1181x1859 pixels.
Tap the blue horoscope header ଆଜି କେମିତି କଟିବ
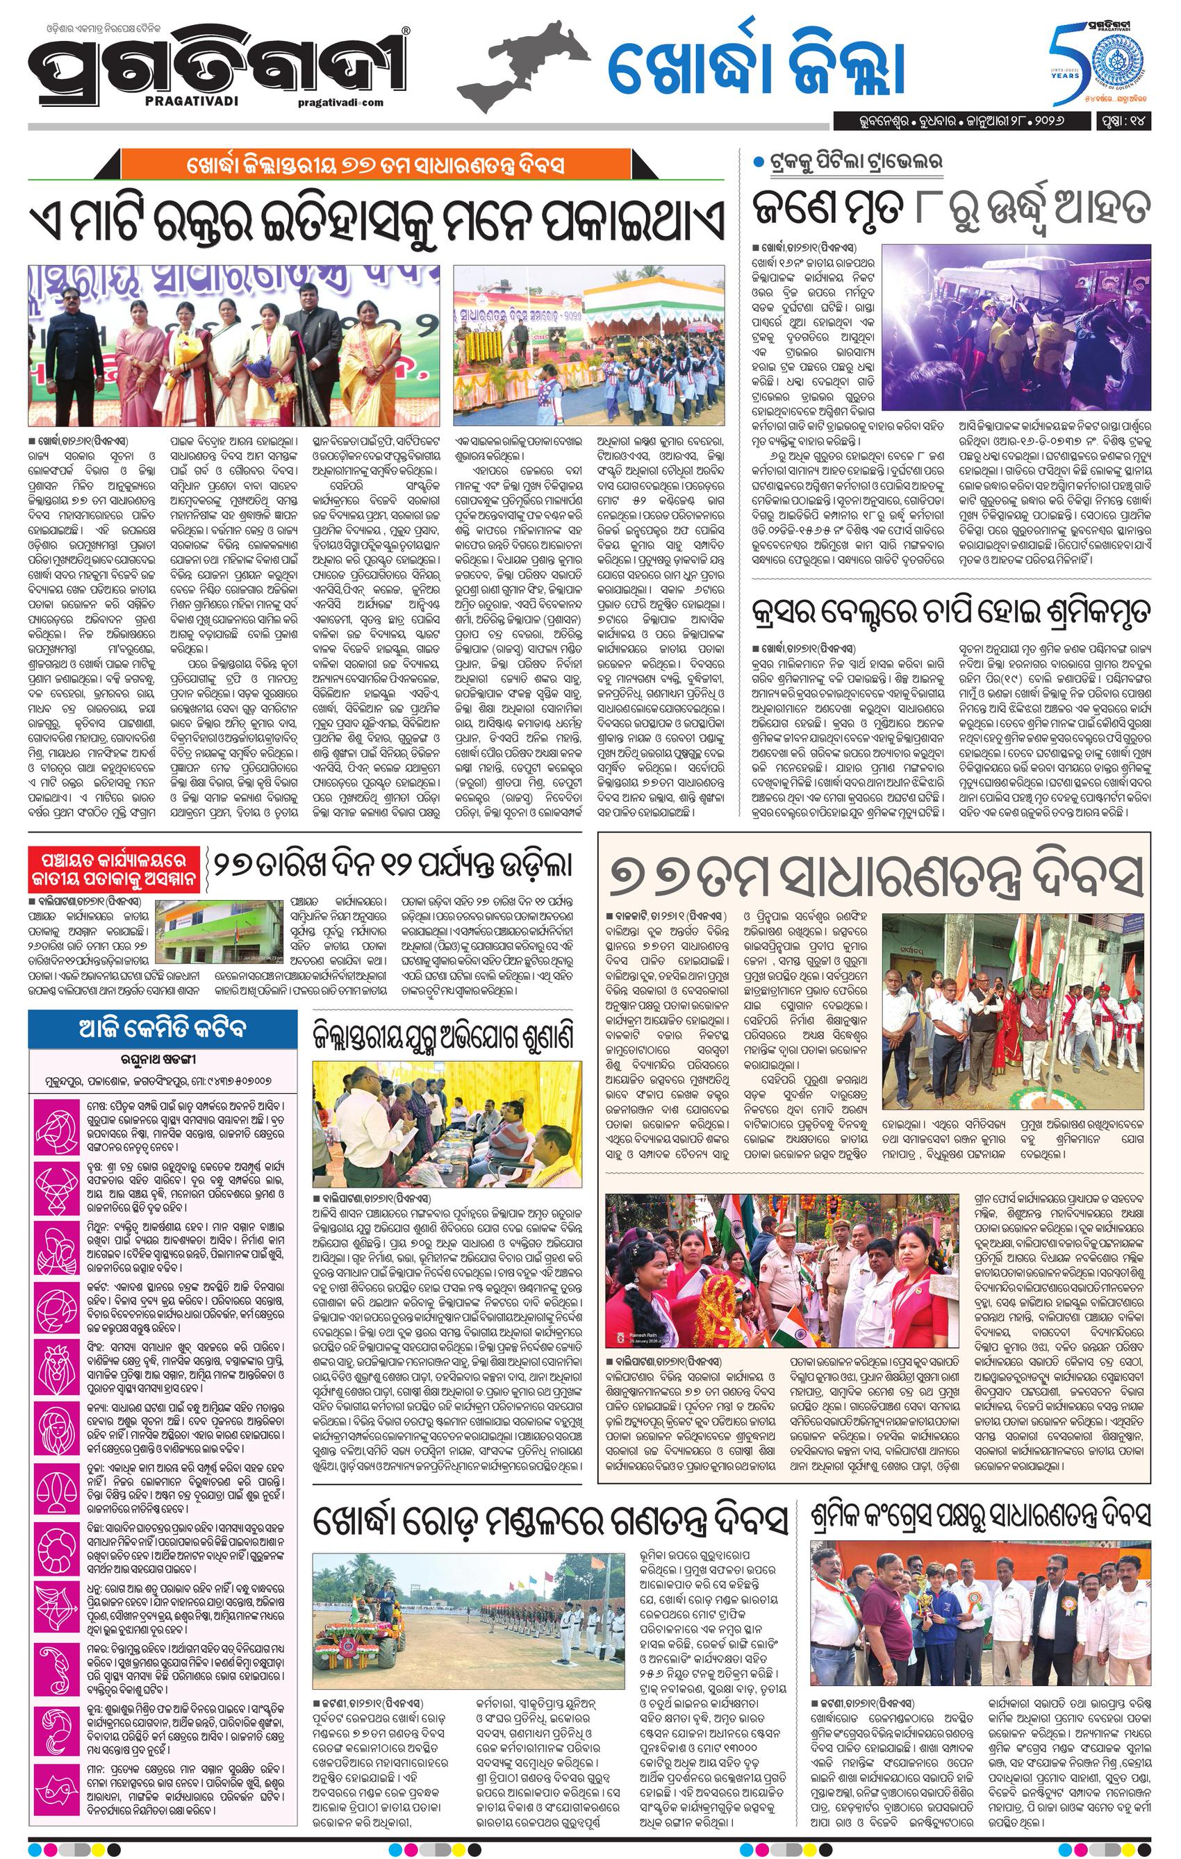162,1028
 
